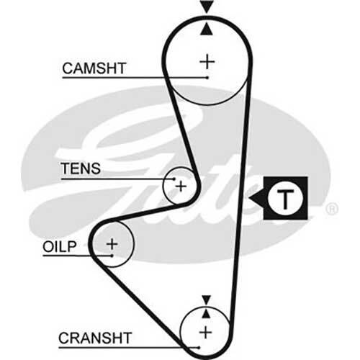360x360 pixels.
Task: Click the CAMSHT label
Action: click(94, 68)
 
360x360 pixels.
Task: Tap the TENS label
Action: click(81, 168)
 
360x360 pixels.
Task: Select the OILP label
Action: click(60, 246)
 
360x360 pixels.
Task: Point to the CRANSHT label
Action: click(95, 338)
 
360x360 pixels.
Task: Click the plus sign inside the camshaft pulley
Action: click(207, 62)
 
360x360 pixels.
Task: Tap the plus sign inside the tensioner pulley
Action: click(181, 186)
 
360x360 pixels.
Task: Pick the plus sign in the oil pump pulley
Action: click(112, 244)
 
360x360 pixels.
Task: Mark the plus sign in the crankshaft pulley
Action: click(206, 333)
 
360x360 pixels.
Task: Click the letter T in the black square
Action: click(285, 198)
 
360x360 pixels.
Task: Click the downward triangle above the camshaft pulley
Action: click(207, 6)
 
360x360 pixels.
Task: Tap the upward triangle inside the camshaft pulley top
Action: click(207, 29)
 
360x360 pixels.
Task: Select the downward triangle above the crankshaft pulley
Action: click(206, 300)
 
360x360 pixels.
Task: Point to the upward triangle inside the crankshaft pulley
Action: click(206, 314)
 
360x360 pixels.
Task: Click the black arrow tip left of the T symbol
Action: click(249, 198)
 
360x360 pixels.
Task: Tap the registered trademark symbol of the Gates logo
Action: click(332, 209)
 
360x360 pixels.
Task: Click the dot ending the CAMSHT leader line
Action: click(207, 78)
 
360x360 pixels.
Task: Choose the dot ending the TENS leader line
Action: click(174, 179)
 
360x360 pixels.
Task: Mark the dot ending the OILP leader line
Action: click(112, 256)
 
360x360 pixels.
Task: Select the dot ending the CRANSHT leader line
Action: click(199, 347)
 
